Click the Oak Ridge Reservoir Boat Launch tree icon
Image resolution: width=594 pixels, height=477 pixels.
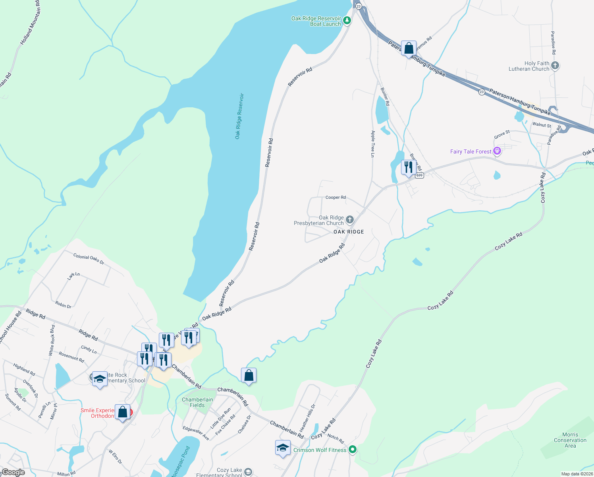(x=347, y=20)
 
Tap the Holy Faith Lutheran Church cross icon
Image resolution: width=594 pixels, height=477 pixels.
(x=555, y=65)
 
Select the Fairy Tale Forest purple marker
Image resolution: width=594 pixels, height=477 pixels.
(x=497, y=151)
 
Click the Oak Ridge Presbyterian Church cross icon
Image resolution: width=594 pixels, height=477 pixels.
(x=349, y=219)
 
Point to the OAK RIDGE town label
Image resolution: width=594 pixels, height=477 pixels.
(x=349, y=232)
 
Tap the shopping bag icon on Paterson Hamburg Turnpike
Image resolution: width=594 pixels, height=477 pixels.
(x=409, y=48)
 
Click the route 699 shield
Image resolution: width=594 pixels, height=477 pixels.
(x=420, y=175)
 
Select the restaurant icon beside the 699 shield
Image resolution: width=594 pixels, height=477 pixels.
(x=408, y=167)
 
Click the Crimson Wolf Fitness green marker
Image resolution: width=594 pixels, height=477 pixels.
(x=352, y=450)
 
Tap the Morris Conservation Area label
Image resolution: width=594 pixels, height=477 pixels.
(x=570, y=440)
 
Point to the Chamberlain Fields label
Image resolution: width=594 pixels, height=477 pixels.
(x=197, y=402)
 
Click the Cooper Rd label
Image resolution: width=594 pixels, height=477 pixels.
(x=336, y=197)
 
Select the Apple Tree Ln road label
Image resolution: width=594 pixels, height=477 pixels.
(x=372, y=144)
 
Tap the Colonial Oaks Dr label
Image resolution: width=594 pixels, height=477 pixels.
(x=89, y=259)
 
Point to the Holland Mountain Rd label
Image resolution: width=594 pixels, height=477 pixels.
(x=30, y=22)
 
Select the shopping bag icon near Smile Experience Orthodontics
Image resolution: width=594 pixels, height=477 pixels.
(x=122, y=412)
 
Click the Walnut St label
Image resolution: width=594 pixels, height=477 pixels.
(x=541, y=125)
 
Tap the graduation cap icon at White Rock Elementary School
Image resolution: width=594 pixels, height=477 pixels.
(x=100, y=379)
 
